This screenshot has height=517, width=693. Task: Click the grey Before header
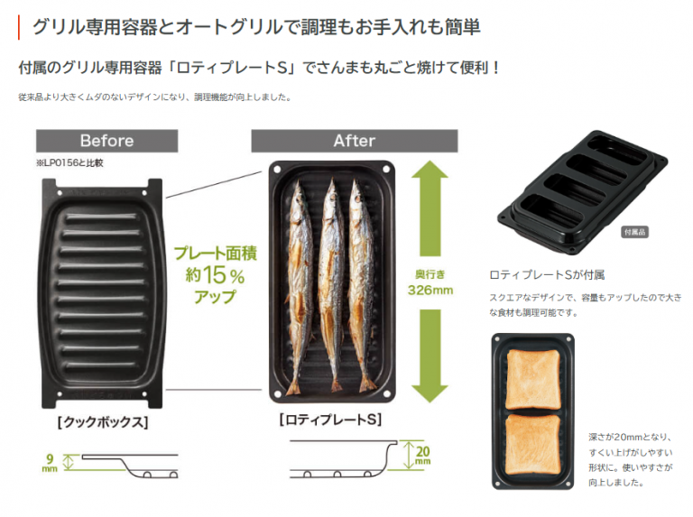[x=107, y=141]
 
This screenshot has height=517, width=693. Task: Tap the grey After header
[x=355, y=141]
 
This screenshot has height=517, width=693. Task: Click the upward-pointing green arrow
[x=430, y=208]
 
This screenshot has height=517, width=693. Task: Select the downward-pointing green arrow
[x=430, y=355]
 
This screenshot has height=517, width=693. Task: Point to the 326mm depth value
[x=430, y=291]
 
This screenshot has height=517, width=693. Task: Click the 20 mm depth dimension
[x=422, y=455]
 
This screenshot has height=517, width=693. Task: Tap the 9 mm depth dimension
[x=50, y=463]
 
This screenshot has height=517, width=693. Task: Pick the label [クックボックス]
[x=103, y=422]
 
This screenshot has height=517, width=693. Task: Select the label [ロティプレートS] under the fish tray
[x=330, y=420]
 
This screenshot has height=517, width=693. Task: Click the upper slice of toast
[x=533, y=379]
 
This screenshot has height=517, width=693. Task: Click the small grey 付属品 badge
[x=634, y=232]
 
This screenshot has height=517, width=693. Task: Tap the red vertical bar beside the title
[x=19, y=27]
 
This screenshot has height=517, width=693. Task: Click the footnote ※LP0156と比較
[x=69, y=163]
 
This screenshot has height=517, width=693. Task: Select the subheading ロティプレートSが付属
[x=547, y=275]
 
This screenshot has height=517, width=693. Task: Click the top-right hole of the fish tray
[x=386, y=170]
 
